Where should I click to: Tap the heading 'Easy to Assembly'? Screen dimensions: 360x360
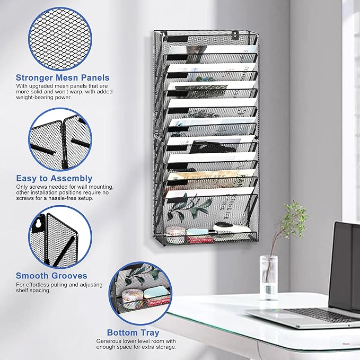click(x=54, y=179)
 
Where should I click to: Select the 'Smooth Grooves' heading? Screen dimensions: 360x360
click(x=51, y=276)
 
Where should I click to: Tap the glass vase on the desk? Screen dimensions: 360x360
click(x=269, y=278)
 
